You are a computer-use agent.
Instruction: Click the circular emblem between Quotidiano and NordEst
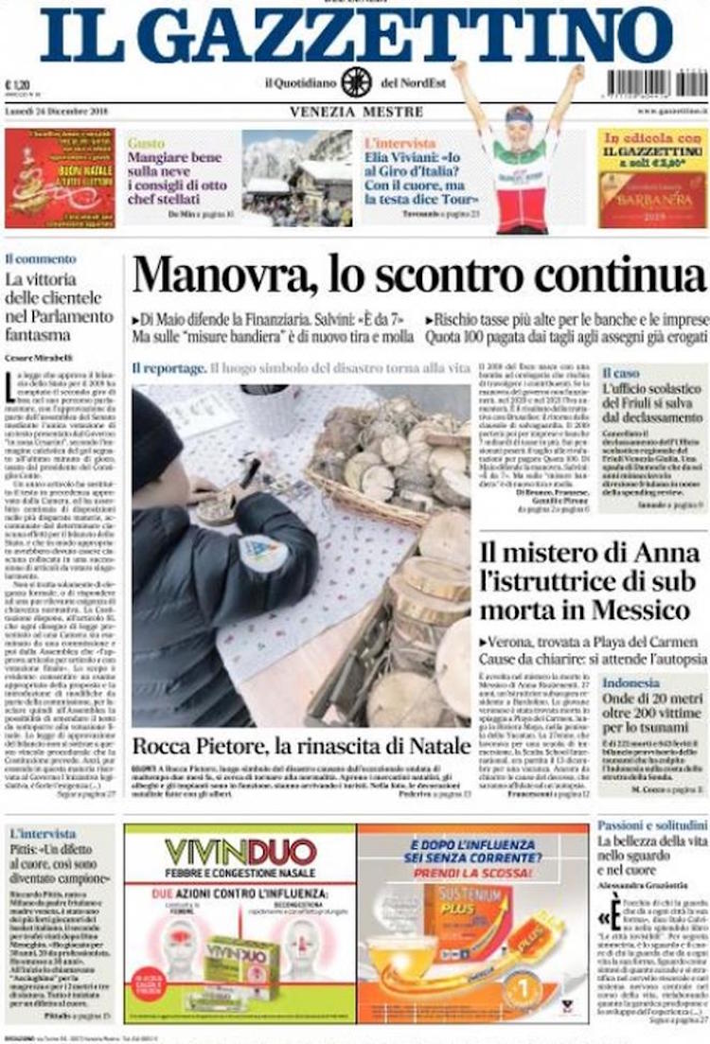[x=357, y=82]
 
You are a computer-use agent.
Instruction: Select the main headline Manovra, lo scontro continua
[x=419, y=275]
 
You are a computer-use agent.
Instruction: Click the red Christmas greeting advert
[x=59, y=178]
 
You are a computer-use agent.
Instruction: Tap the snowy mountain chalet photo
[x=296, y=178]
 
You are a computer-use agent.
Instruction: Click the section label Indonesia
[x=631, y=682]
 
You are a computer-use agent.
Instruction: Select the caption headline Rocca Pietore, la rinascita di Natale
[x=301, y=743]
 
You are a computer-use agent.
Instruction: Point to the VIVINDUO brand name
[x=240, y=851]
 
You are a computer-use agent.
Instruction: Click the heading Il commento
[x=41, y=258]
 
